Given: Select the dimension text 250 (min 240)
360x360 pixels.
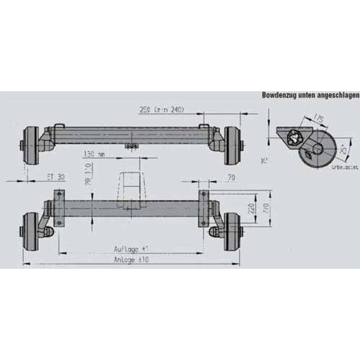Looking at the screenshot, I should [161, 110].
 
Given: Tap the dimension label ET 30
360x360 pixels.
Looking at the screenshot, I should [56, 178].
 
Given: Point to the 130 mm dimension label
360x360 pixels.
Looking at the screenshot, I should [94, 154].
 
